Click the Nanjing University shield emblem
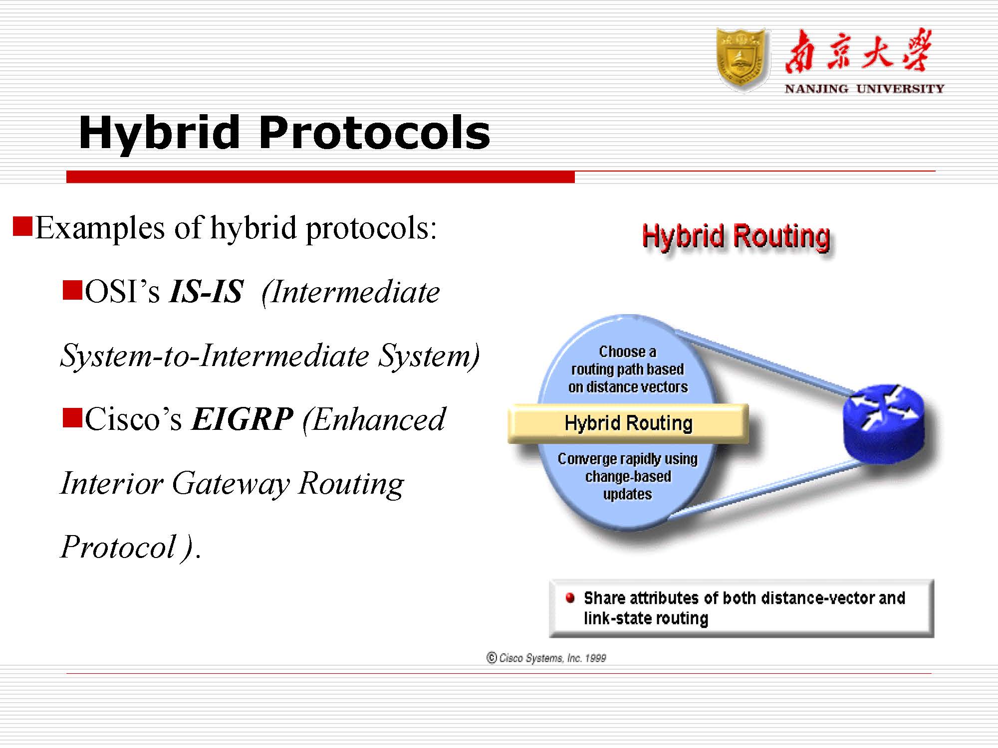point(741,60)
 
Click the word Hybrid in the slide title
point(159,133)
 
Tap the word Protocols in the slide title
point(374,133)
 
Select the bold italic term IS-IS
point(206,292)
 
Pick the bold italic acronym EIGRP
point(243,419)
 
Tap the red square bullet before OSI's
point(72,290)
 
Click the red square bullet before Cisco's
point(72,418)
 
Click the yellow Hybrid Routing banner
point(628,423)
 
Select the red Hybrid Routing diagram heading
point(736,236)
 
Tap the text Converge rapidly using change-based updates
point(627,476)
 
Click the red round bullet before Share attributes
point(570,597)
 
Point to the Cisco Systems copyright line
point(546,658)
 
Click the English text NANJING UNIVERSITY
point(864,89)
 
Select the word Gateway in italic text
point(231,484)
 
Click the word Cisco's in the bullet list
point(133,419)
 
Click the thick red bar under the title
point(320,177)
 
